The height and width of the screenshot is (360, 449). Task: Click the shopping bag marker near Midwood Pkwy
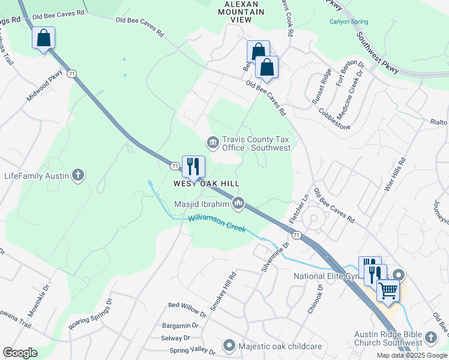[43, 38]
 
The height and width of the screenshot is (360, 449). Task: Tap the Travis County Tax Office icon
[212, 143]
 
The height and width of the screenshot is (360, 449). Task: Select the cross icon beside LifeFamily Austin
[77, 176]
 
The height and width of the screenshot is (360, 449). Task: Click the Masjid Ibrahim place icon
[239, 205]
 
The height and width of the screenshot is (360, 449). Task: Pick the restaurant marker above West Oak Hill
[193, 167]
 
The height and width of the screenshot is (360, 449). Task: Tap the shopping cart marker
[388, 290]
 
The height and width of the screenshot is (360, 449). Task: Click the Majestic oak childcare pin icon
[229, 346]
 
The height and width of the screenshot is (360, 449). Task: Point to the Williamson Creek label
[217, 224]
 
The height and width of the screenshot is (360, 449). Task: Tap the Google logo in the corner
[20, 353]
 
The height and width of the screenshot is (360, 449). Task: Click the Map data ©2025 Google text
[412, 355]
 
